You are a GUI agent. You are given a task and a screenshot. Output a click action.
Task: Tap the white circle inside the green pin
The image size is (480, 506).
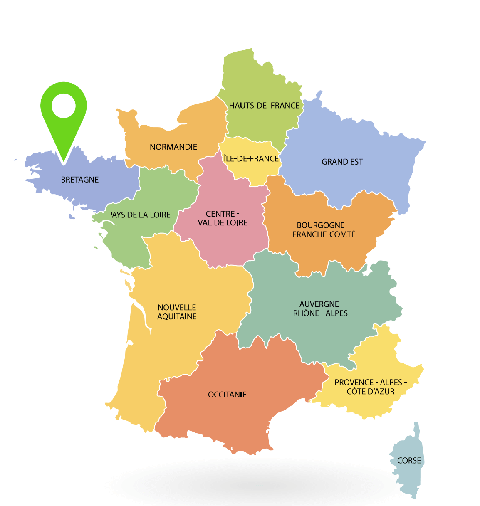point(64,106)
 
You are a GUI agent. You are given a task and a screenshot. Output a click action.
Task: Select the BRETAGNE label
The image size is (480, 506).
point(80,180)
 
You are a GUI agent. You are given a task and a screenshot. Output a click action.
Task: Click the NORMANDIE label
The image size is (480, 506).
point(173,147)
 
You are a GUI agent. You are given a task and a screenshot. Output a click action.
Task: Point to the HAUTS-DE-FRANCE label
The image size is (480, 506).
point(264,105)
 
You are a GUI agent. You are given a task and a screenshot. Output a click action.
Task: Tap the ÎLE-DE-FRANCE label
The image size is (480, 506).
point(251,158)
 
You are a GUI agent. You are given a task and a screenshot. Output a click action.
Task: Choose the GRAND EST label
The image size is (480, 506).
point(342,162)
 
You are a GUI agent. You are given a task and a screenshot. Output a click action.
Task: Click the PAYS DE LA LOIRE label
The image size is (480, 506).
point(139,215)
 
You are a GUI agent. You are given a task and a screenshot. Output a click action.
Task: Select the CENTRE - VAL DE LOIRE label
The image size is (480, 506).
point(223,218)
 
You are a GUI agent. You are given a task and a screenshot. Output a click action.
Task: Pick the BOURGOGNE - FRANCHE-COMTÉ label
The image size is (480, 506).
point(324,230)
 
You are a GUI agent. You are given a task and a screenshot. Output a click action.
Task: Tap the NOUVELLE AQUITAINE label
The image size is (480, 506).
point(177,312)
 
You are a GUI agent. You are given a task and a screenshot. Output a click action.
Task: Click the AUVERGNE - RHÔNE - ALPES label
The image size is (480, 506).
point(320,309)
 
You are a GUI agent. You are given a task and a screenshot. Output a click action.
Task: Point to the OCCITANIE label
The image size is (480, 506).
point(227,395)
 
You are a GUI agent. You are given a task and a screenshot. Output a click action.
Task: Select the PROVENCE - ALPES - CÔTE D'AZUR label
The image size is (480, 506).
point(370,387)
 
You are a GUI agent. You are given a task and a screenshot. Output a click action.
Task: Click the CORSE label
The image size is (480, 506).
point(409,460)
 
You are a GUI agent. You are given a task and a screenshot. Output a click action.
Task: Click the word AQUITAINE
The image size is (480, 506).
point(177,316)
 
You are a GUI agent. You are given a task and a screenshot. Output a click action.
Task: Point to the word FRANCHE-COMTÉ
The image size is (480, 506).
point(324,234)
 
